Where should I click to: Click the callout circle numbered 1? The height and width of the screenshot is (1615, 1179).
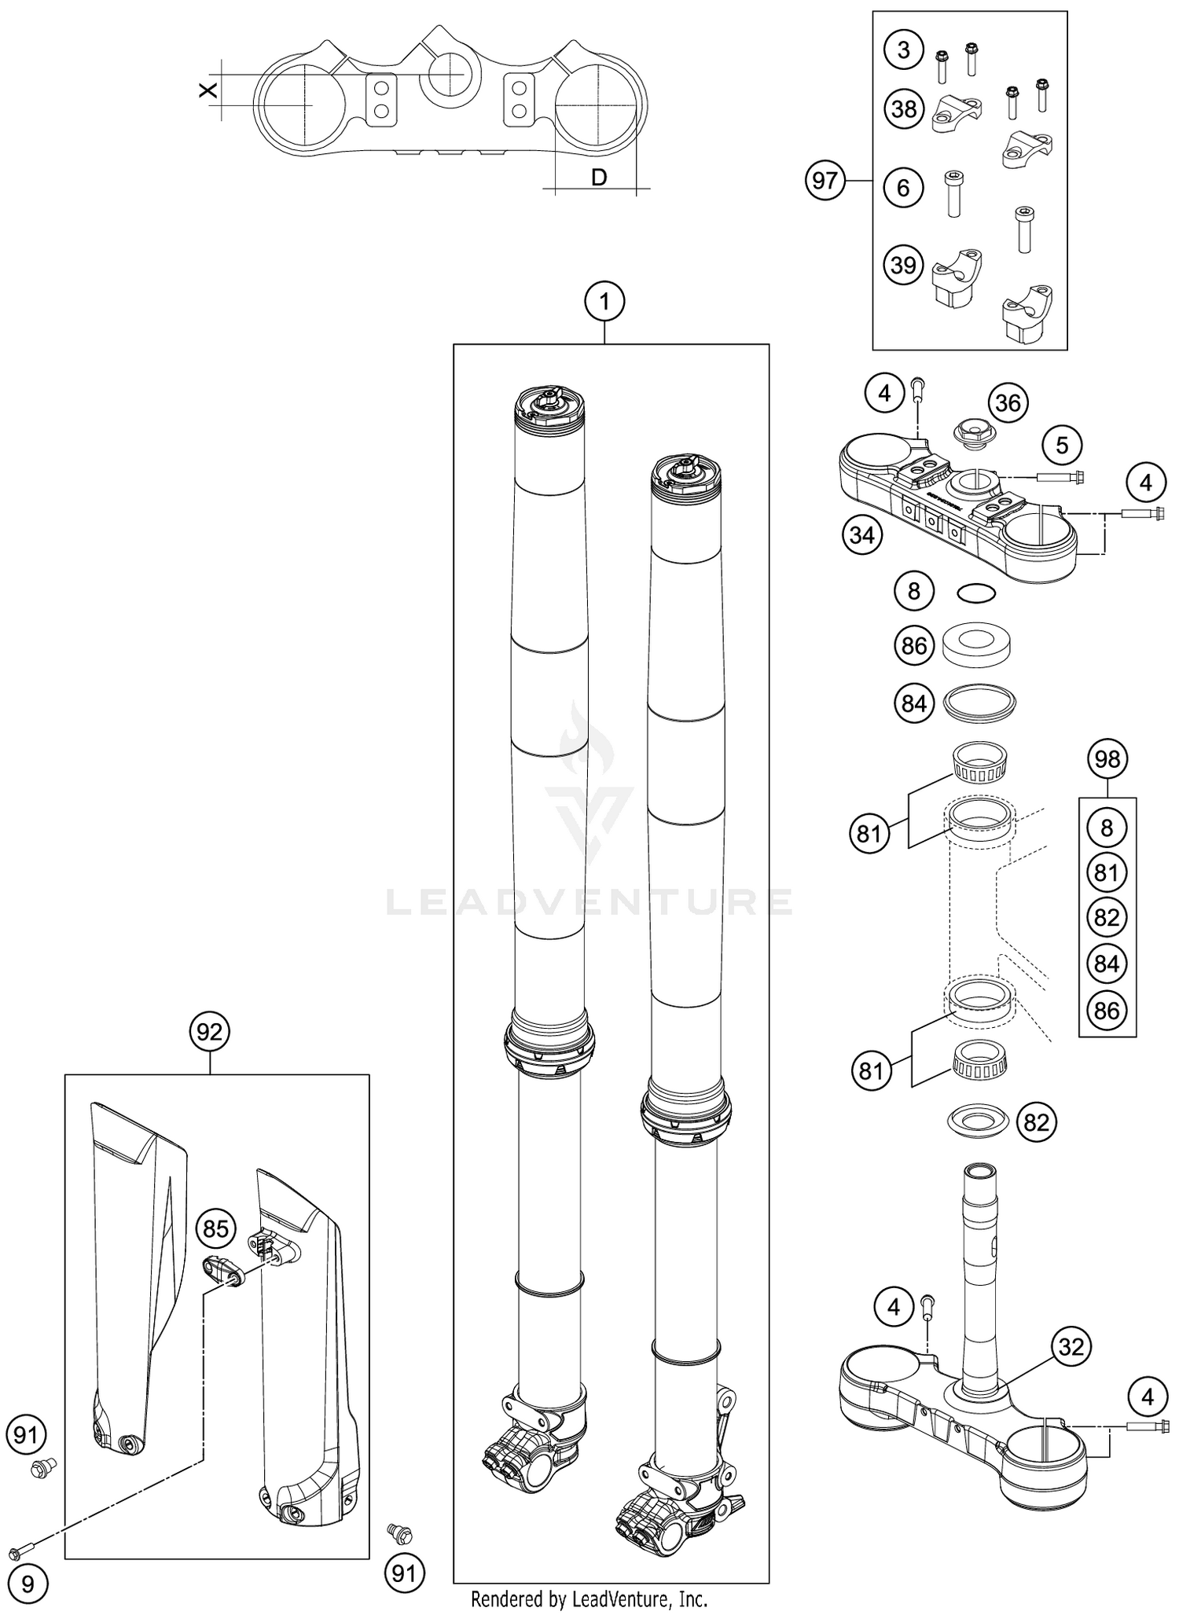pyautogui.click(x=604, y=302)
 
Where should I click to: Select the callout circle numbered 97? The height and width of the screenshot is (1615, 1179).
pyautogui.click(x=825, y=182)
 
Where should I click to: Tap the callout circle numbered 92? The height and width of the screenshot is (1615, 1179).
pyautogui.click(x=210, y=1032)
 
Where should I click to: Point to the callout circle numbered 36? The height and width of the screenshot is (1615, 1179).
pyautogui.click(x=1008, y=403)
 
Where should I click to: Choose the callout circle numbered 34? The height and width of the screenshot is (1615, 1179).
pyautogui.click(x=862, y=536)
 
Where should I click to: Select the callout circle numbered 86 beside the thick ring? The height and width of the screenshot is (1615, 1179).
pyautogui.click(x=914, y=646)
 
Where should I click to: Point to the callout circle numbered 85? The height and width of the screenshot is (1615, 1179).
pyautogui.click(x=216, y=1228)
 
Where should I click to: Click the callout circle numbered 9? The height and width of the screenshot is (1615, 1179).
pyautogui.click(x=28, y=1584)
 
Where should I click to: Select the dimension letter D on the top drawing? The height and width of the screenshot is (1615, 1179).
pyautogui.click(x=599, y=178)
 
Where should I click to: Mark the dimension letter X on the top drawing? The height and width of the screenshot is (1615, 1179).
pyautogui.click(x=208, y=90)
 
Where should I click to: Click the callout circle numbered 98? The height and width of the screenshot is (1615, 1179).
pyautogui.click(x=1107, y=759)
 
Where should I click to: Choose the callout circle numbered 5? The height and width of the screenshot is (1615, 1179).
pyautogui.click(x=1062, y=446)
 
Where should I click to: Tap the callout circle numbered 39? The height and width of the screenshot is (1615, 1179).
pyautogui.click(x=903, y=265)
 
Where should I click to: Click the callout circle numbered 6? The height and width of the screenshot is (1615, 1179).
pyautogui.click(x=903, y=187)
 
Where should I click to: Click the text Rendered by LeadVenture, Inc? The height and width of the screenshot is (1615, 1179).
pyautogui.click(x=589, y=1598)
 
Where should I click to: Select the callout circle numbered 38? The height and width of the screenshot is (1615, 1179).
pyautogui.click(x=903, y=108)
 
